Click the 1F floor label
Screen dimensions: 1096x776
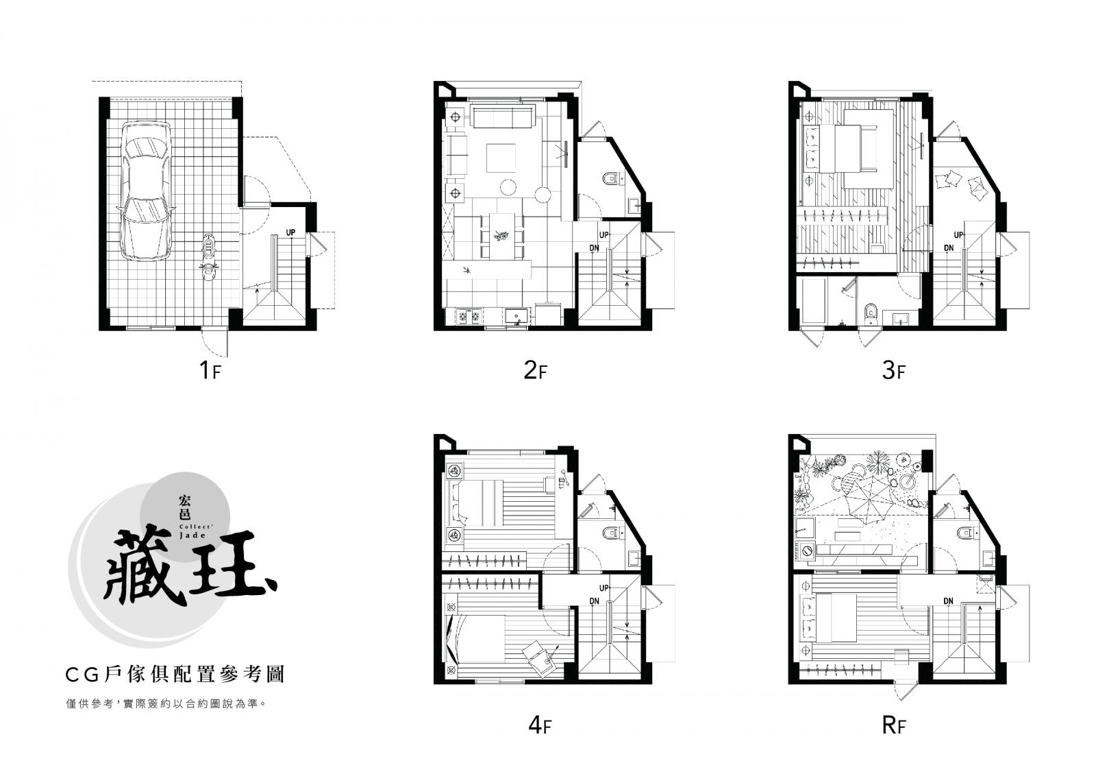pyautogui.click(x=210, y=370)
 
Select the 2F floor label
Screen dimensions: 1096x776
pyautogui.click(x=535, y=370)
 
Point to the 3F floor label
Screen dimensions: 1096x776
pyautogui.click(x=893, y=370)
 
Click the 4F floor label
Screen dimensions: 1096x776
pyautogui.click(x=539, y=725)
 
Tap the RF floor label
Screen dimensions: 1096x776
pyautogui.click(x=893, y=725)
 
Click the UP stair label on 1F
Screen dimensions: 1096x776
pyautogui.click(x=290, y=232)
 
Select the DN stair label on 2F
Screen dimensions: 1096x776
pyautogui.click(x=594, y=248)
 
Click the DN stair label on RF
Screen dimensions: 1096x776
pyautogui.click(x=948, y=601)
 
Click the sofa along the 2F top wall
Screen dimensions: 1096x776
pyautogui.click(x=503, y=118)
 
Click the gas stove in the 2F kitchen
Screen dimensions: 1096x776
pyautogui.click(x=469, y=316)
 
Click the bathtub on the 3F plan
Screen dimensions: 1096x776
pyautogui.click(x=812, y=301)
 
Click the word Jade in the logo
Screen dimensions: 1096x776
pyautogui.click(x=192, y=535)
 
